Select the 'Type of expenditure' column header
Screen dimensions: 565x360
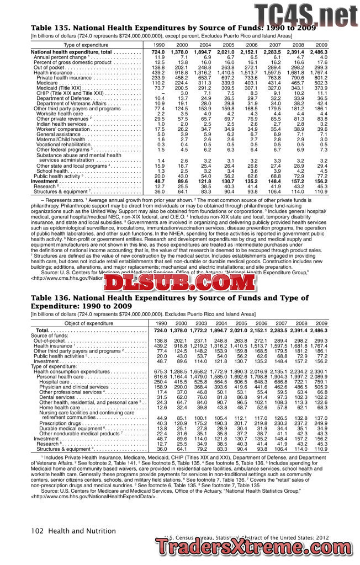(86, 45)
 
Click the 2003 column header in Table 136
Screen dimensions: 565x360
(201, 323)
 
